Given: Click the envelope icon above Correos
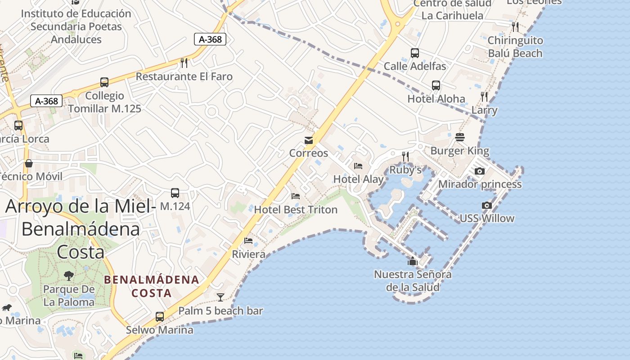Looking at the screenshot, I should point(309,140).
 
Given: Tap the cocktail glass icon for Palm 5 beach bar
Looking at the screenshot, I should point(220,297).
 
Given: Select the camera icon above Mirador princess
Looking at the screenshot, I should point(480,171).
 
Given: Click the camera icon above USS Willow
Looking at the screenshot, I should point(486,206).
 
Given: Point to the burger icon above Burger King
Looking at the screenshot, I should point(459,137).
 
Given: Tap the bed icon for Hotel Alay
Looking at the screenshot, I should point(358,166).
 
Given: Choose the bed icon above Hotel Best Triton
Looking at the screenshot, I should point(296,196).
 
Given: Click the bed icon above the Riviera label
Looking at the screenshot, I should point(248,241).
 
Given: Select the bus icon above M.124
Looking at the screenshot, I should point(175,193).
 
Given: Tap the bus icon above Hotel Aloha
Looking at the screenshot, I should point(436,85).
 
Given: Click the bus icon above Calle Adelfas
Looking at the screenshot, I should point(415,53).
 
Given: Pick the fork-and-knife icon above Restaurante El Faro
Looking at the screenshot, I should point(184,63).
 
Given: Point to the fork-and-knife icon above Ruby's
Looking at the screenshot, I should point(405,156).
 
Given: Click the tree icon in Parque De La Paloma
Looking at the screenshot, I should point(69,275).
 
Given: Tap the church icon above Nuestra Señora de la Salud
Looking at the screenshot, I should point(412,261).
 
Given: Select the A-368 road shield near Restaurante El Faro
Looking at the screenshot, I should point(210,39).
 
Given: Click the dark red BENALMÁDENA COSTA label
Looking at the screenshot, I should point(152,286).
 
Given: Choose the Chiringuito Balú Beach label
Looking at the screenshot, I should point(515,47).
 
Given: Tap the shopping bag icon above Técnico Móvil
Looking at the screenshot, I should point(29,163).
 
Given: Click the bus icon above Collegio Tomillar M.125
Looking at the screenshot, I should point(104,82).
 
